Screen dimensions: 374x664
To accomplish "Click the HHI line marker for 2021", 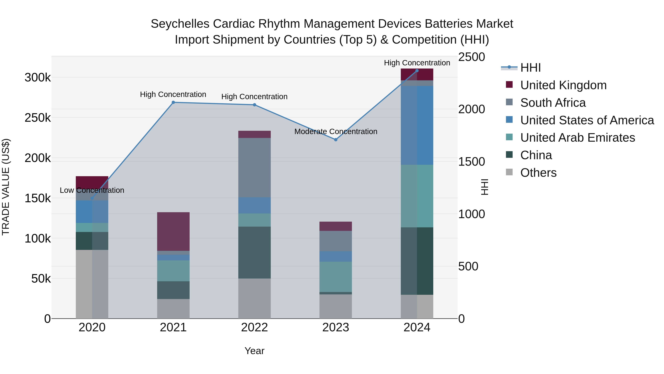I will (x=173, y=103).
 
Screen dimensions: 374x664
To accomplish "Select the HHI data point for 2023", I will (x=336, y=140).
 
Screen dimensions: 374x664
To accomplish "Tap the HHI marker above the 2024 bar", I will (x=417, y=71).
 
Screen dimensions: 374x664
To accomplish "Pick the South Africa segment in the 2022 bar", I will (x=254, y=168).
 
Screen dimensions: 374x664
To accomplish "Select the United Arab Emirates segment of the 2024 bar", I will (x=417, y=196).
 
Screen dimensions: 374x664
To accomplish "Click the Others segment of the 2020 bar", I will (x=92, y=284).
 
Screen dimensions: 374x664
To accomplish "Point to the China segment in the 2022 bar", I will (x=254, y=252).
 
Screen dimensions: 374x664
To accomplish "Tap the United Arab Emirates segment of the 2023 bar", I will (x=336, y=277).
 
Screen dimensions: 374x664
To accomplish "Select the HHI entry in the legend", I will (x=530, y=68).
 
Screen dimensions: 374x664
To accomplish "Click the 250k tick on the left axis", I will (x=38, y=118).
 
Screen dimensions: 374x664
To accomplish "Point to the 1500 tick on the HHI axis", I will (x=471, y=162).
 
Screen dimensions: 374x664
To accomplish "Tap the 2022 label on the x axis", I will (x=254, y=327).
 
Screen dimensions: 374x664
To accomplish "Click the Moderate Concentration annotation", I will (x=336, y=132).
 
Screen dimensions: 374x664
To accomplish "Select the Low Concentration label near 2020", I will (x=92, y=190).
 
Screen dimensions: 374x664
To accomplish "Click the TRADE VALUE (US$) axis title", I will (x=6, y=187).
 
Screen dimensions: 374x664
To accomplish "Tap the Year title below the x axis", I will (x=254, y=351).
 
